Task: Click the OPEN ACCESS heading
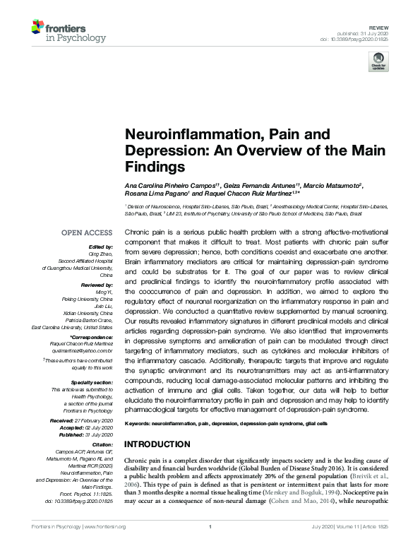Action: coord(87,232)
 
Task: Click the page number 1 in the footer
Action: coord(210,544)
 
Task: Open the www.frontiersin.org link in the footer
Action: coord(109,544)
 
